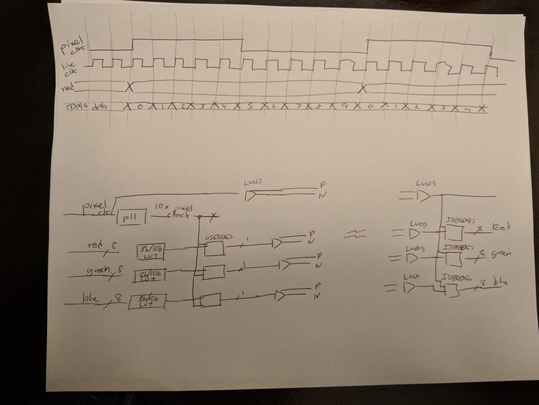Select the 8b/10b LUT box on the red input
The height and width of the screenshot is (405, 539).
click(150, 252)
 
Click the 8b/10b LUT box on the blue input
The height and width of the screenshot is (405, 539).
click(146, 301)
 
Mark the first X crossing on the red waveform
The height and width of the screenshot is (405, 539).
click(129, 87)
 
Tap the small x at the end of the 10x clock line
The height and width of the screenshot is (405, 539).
click(214, 216)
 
